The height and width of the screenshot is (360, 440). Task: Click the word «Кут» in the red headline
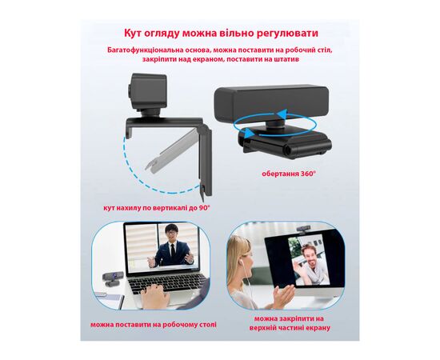(x=133, y=33)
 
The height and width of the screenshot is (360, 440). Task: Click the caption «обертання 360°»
(x=289, y=174)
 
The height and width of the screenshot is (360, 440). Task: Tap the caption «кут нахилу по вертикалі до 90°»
(x=157, y=208)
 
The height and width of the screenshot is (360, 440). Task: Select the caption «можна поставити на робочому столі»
(x=154, y=325)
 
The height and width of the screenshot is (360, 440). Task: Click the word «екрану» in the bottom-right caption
(x=316, y=328)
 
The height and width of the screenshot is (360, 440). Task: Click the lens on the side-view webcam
(x=130, y=91)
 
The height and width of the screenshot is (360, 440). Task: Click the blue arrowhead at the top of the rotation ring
(x=282, y=114)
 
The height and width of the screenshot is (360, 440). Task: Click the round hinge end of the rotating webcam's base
(x=288, y=150)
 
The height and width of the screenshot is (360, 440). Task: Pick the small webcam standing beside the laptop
(x=111, y=279)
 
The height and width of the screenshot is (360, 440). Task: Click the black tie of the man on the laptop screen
(x=173, y=250)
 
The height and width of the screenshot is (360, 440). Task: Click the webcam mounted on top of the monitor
(x=304, y=230)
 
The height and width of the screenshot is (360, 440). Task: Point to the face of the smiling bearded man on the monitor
(x=307, y=252)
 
